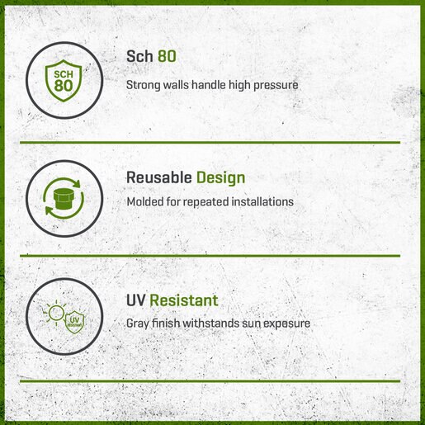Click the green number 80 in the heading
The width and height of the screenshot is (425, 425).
click(x=167, y=56)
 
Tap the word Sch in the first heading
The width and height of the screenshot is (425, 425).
click(x=139, y=56)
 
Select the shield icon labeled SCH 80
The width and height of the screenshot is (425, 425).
click(x=64, y=81)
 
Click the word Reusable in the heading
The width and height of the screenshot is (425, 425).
click(x=159, y=177)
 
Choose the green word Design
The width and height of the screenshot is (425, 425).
click(x=220, y=178)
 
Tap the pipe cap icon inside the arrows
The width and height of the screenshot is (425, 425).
click(x=64, y=199)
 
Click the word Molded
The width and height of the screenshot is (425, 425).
click(x=145, y=201)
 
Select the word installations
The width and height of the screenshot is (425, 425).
click(x=262, y=201)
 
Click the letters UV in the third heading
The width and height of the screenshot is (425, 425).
click(x=135, y=300)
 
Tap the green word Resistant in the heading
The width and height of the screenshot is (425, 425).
click(x=184, y=300)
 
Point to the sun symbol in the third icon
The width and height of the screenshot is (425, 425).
click(x=56, y=313)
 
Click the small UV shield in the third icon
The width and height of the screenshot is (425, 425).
click(x=74, y=322)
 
